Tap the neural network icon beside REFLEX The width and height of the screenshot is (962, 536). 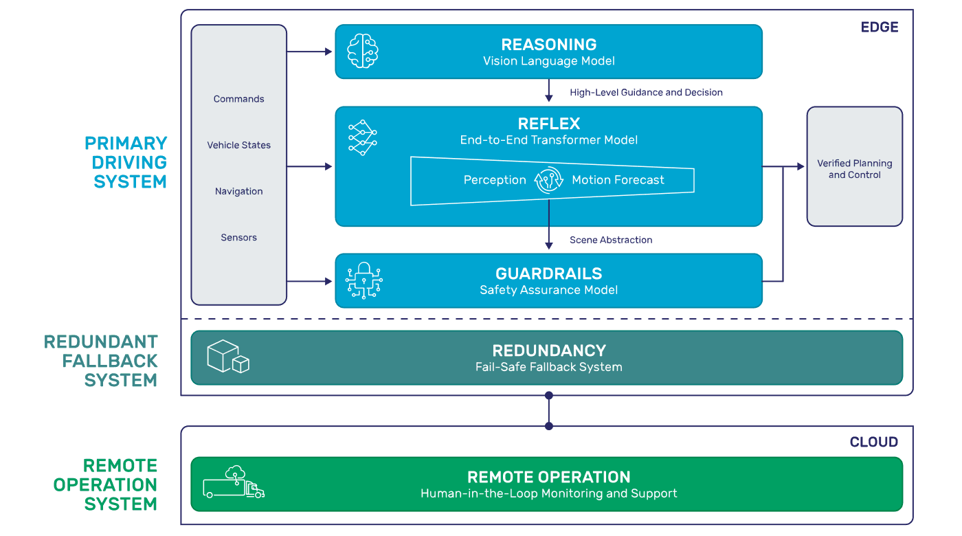coord(363,137)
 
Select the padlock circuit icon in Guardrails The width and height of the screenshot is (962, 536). coord(363,280)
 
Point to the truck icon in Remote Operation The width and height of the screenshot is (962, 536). coord(234,482)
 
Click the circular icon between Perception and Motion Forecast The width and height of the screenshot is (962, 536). coord(548,180)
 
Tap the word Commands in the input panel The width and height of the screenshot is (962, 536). coord(238,99)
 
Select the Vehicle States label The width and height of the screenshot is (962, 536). coord(238,145)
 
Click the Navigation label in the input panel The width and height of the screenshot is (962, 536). coord(238,191)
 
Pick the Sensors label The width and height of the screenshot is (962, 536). coord(238,237)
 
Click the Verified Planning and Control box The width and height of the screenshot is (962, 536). coord(854,169)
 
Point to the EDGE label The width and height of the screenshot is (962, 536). coord(879,27)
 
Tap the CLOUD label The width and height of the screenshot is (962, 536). coord(873,442)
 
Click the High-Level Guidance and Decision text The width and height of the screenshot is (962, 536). coord(646,92)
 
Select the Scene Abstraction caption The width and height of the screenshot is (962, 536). coord(611,240)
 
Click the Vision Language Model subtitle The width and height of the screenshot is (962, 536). coord(548,61)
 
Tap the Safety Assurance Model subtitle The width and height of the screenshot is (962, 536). coord(548,290)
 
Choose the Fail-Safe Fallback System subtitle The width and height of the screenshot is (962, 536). coord(548,367)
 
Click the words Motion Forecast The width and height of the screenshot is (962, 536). coord(618,180)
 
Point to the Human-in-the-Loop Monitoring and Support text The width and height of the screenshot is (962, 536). coord(548,493)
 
